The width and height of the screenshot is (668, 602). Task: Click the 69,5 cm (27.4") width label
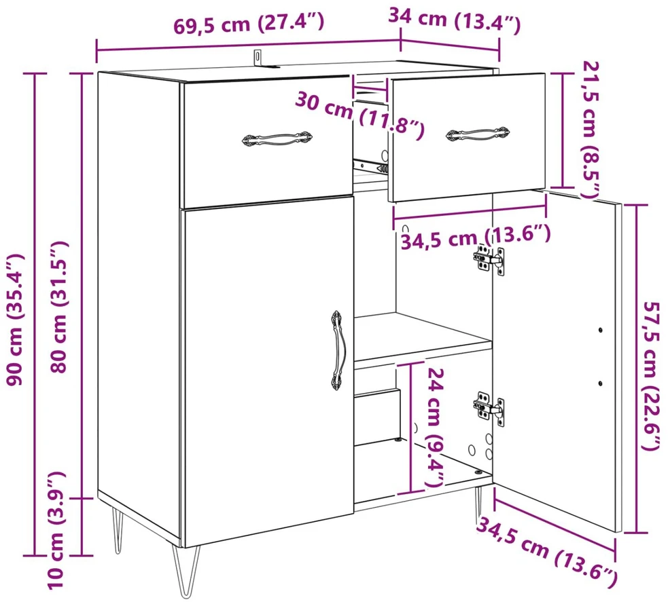[249, 24]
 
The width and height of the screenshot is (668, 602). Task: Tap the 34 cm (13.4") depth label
[454, 21]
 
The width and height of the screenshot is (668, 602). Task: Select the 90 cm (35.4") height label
[16, 320]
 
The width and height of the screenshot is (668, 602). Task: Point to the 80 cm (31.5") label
[59, 307]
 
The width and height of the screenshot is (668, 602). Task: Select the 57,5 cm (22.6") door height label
[652, 376]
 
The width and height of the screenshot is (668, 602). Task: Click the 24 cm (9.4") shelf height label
[436, 427]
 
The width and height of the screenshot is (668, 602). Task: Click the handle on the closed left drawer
[277, 139]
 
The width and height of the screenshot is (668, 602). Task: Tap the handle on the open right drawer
[478, 134]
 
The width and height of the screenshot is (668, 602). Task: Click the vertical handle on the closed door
[336, 350]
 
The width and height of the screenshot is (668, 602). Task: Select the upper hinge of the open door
[489, 259]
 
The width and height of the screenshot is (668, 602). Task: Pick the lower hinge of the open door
[489, 408]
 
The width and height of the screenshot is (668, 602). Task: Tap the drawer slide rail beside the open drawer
[370, 166]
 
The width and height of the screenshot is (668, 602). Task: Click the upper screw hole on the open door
[601, 330]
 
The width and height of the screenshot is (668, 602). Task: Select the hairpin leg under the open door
[479, 504]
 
